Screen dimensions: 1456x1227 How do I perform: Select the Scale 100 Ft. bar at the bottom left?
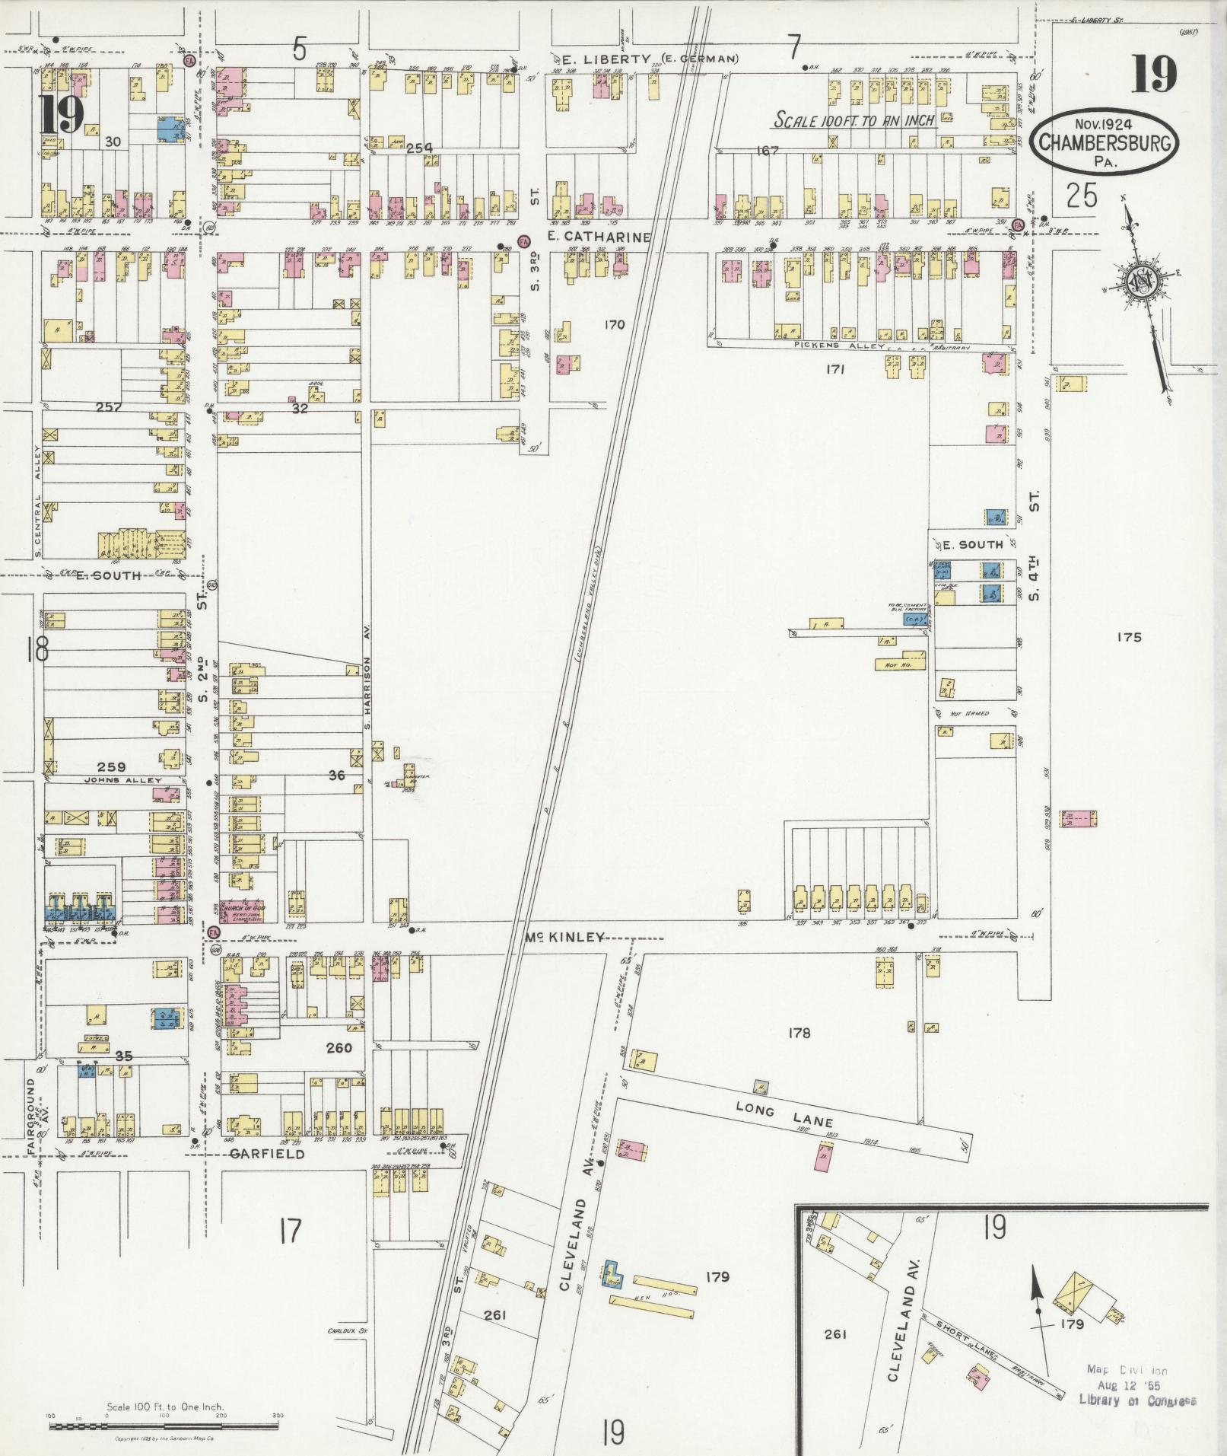point(164,1418)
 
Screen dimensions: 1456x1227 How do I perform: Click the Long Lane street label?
point(784,1117)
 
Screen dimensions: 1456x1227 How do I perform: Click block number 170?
point(614,325)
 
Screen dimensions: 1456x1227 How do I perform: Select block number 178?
point(799,1033)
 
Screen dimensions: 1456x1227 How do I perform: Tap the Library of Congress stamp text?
point(1137,1401)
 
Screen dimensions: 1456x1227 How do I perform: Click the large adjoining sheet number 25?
point(1081,196)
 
